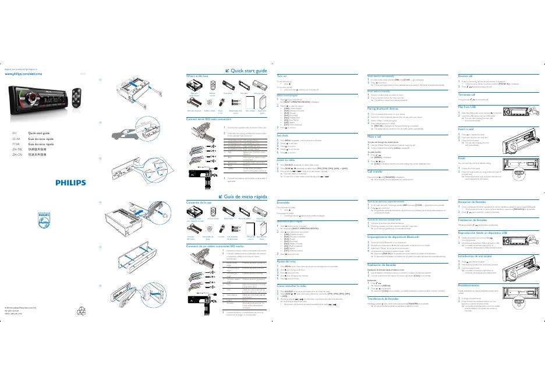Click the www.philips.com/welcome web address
click(x=23, y=74)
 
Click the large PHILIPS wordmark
click(x=70, y=183)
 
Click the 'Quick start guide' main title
click(x=248, y=71)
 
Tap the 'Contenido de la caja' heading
click(x=199, y=202)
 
